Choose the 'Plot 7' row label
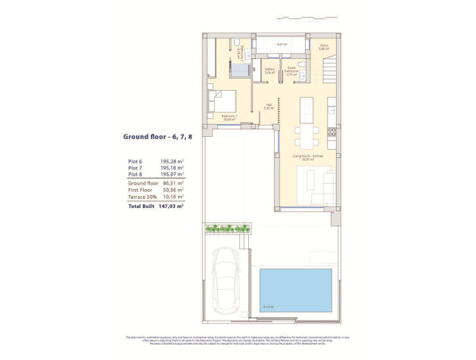point(135,169)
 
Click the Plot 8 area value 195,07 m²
point(172,175)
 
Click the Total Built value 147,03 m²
point(172,205)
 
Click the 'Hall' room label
point(268,107)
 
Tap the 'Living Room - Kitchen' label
point(306,157)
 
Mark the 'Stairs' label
point(324,46)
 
